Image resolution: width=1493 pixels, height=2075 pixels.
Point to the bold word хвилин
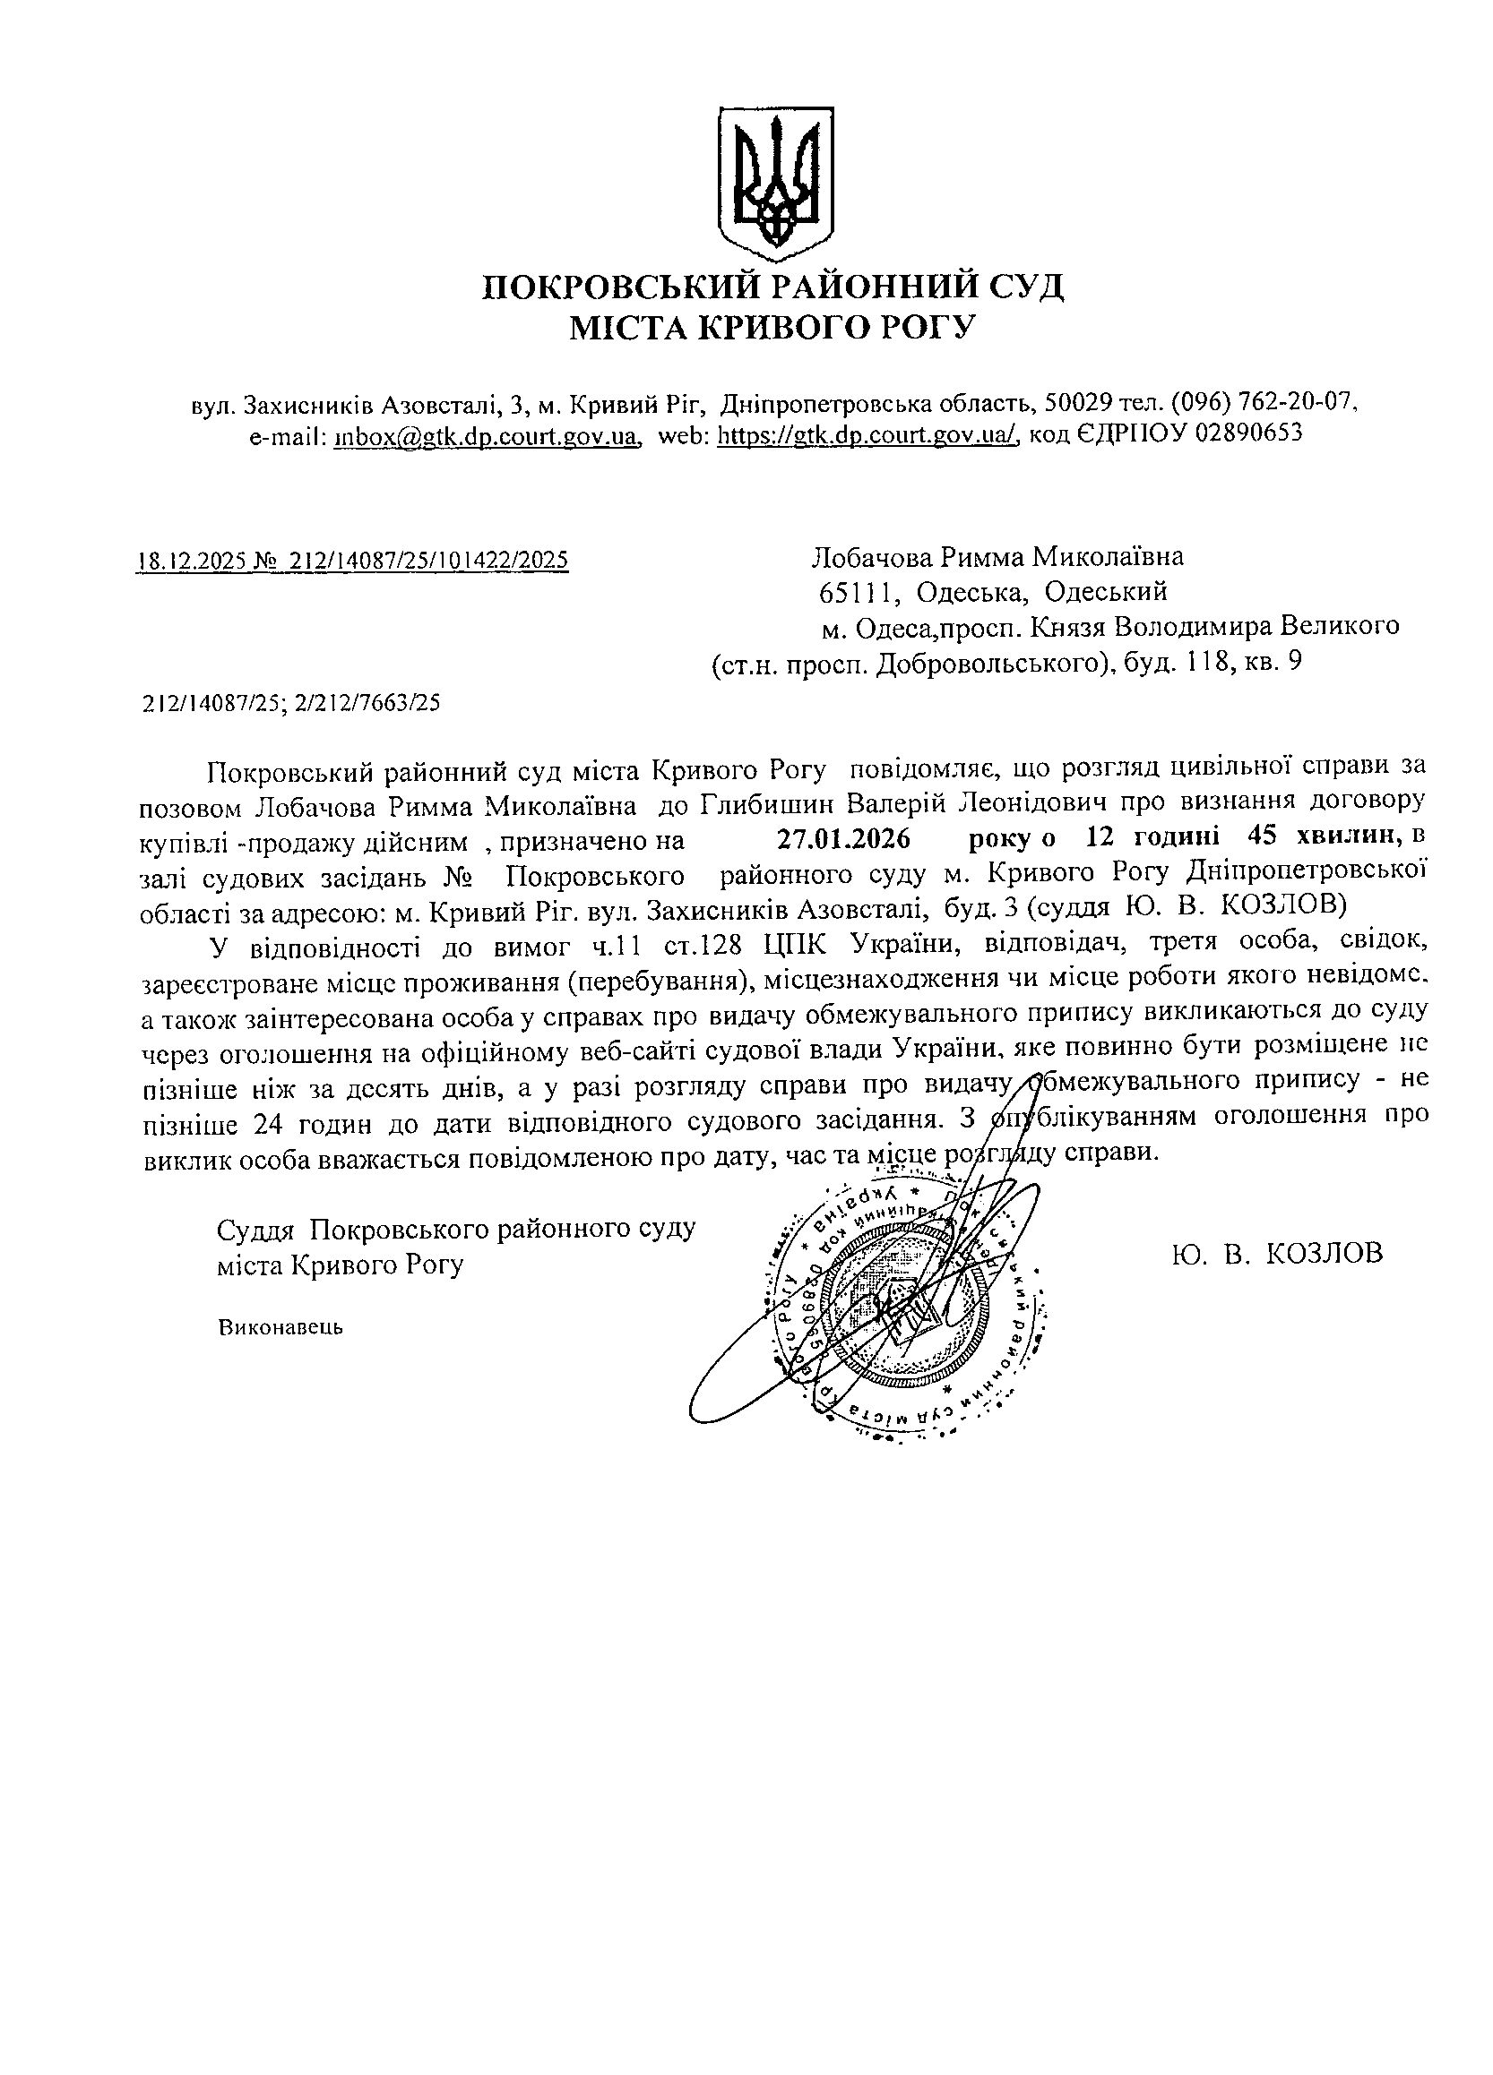(x=1351, y=836)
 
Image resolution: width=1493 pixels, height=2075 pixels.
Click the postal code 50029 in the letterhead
(x=1078, y=403)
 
